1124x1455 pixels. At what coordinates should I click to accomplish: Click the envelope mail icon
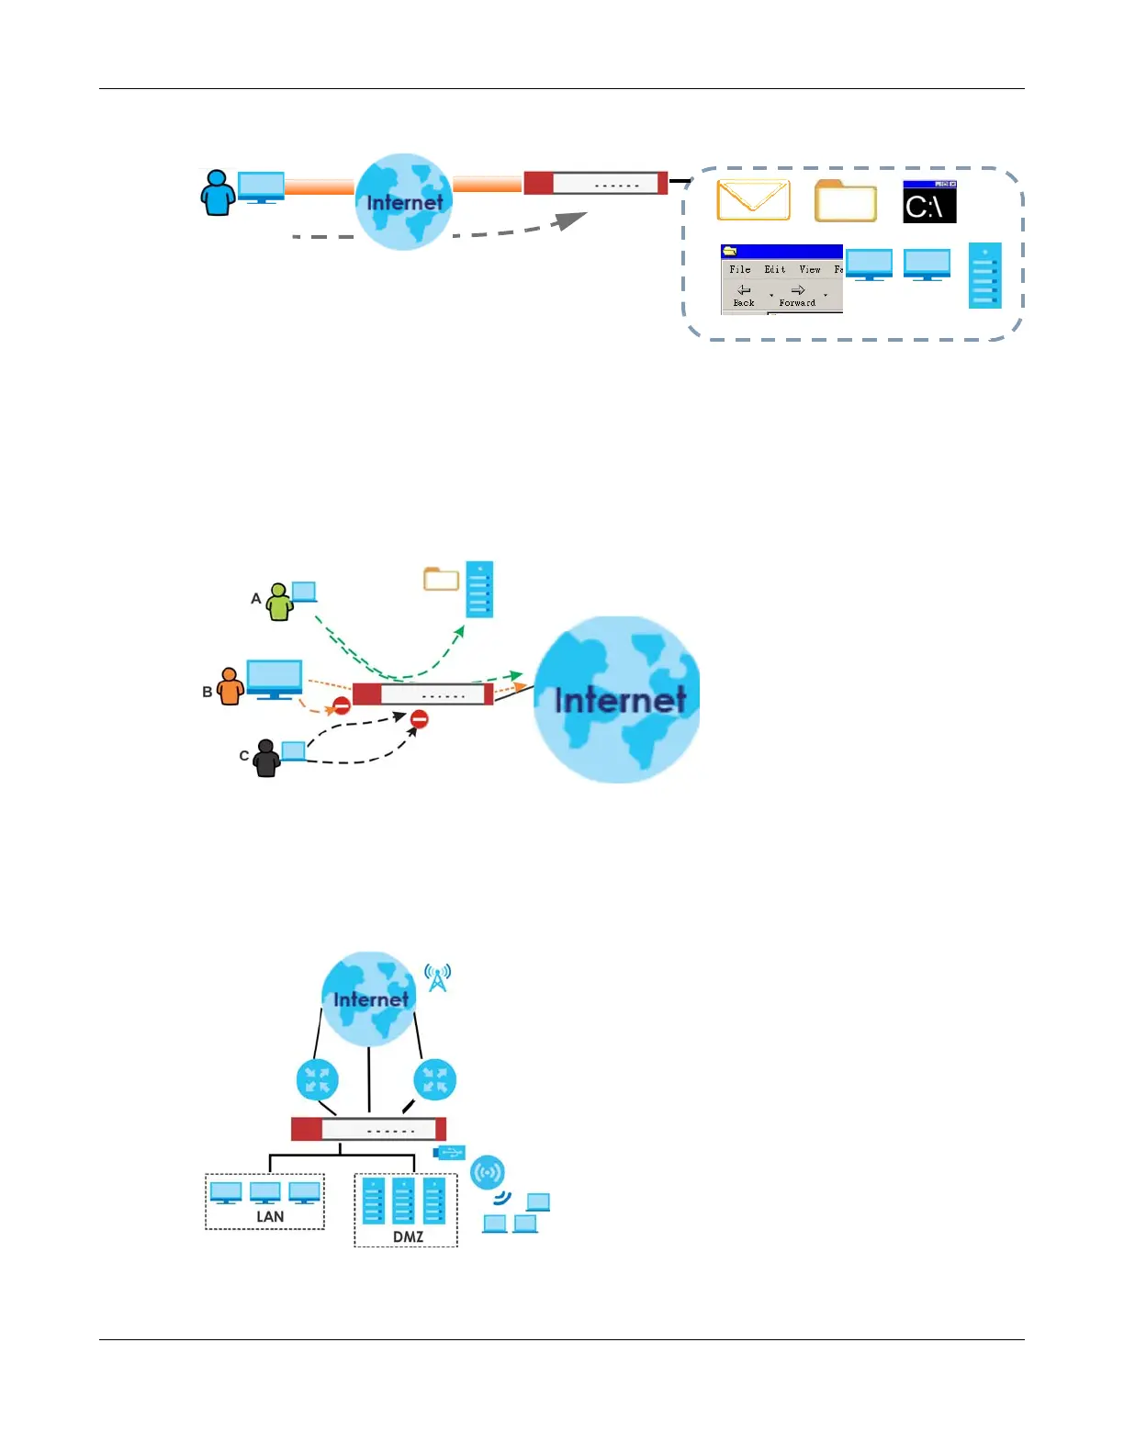pos(753,200)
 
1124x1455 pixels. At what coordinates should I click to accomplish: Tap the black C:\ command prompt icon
pos(929,203)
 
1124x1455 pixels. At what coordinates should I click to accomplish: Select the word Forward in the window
pos(797,302)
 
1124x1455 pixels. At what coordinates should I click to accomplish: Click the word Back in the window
pos(744,302)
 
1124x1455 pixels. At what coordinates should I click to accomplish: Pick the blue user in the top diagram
pos(218,193)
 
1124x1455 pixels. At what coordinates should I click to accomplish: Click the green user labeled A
pos(279,602)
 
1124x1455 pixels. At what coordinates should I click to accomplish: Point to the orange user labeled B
pos(230,685)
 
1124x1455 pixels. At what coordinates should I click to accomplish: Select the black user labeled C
pos(266,758)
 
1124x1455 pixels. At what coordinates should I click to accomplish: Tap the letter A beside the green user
pos(256,598)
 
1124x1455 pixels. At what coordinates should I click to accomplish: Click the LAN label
pos(270,1216)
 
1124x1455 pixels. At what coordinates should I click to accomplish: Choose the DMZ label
pos(408,1236)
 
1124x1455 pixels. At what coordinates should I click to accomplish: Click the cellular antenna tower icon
pos(438,977)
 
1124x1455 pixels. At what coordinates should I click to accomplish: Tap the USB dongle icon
pos(449,1152)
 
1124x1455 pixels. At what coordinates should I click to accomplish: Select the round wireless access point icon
pos(488,1172)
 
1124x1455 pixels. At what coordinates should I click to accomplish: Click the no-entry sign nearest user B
pos(342,705)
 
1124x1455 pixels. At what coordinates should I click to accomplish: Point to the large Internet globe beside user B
pos(618,699)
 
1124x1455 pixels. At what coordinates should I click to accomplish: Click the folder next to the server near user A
pos(441,579)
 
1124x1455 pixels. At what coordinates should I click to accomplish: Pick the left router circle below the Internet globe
pos(318,1080)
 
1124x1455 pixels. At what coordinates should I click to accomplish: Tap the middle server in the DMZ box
pos(404,1201)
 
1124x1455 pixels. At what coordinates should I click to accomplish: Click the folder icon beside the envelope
pos(846,202)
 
